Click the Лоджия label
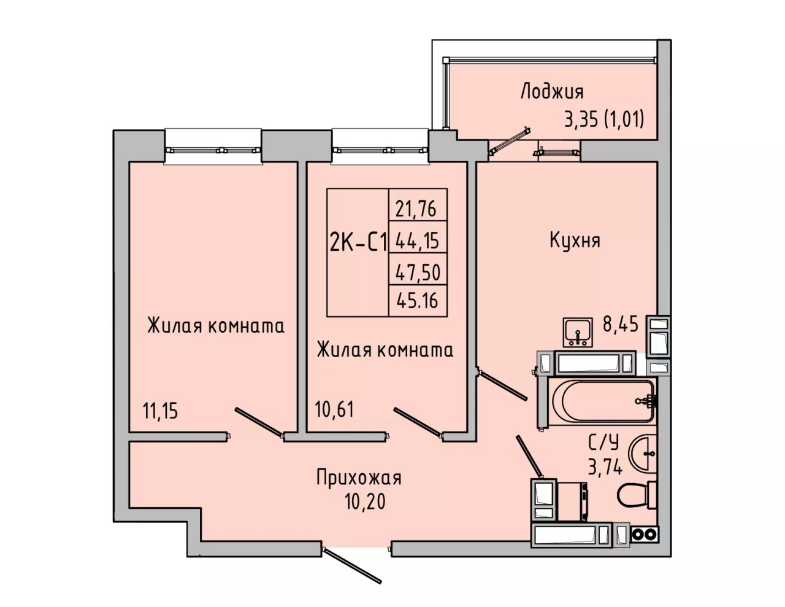point(552,92)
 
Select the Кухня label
point(575,241)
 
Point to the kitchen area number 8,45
point(620,324)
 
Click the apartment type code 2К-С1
point(358,242)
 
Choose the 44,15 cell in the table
point(418,241)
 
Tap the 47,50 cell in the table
point(418,273)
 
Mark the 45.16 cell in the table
point(418,301)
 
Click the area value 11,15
point(161,411)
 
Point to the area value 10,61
point(334,409)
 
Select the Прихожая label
point(359,478)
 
